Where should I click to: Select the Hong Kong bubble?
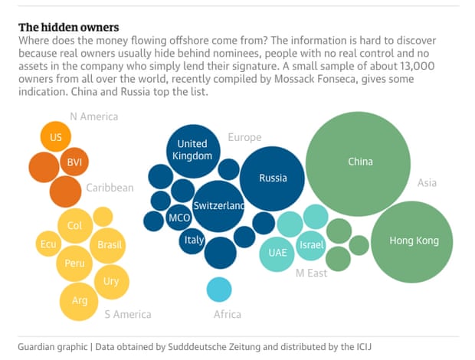click(414, 241)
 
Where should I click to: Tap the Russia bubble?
click(273, 178)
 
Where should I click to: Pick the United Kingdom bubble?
click(192, 150)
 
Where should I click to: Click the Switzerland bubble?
click(218, 206)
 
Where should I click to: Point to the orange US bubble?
click(55, 138)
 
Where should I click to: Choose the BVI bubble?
click(74, 162)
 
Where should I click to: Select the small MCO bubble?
click(179, 218)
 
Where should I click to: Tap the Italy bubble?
click(195, 240)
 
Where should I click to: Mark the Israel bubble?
click(312, 245)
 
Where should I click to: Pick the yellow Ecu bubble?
click(47, 244)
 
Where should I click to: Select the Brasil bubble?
click(110, 245)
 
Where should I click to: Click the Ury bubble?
click(111, 281)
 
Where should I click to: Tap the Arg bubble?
click(80, 299)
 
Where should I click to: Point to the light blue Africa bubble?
click(219, 290)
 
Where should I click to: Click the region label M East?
click(311, 273)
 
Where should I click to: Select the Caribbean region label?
click(110, 188)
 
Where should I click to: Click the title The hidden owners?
click(68, 27)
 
